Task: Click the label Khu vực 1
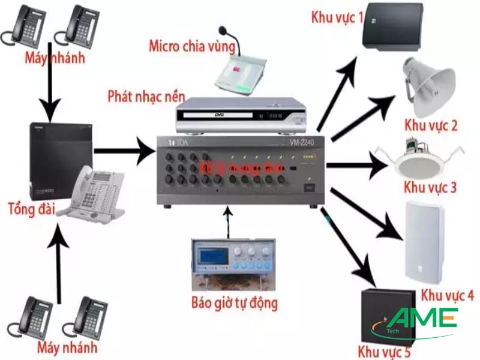[337, 16]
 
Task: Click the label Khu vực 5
[384, 349]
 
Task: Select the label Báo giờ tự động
[233, 302]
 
